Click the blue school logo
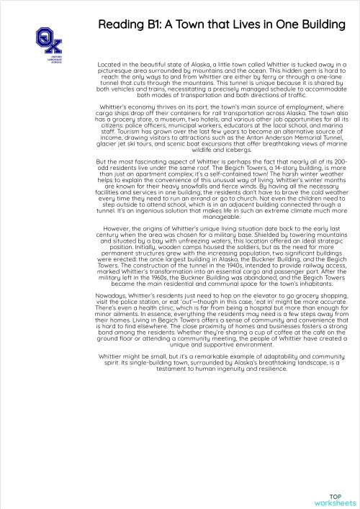[x=48, y=40]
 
